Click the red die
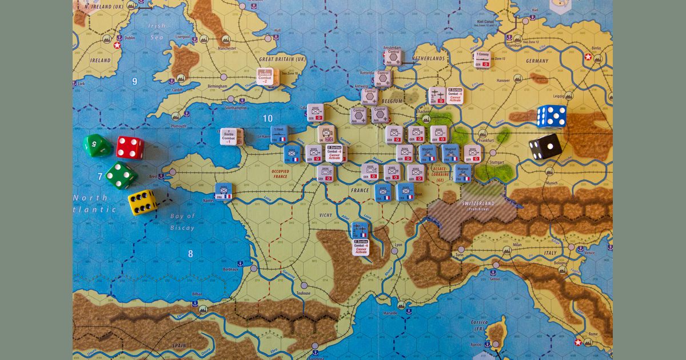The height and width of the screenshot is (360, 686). [x=130, y=147]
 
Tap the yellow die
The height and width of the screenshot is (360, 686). [x=142, y=202]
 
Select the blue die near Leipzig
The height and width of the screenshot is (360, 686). [x=552, y=116]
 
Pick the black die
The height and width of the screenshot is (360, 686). [x=544, y=147]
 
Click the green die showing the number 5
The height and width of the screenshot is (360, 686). [x=98, y=145]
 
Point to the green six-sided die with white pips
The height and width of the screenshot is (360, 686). [x=121, y=175]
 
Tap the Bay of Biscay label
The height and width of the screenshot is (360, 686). [x=182, y=222]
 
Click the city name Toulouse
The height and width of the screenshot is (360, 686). [x=303, y=293]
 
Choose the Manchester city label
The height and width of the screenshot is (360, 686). [x=226, y=49]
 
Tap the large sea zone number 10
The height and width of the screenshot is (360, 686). [x=267, y=118]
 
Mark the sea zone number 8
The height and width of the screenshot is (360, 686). [x=190, y=253]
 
